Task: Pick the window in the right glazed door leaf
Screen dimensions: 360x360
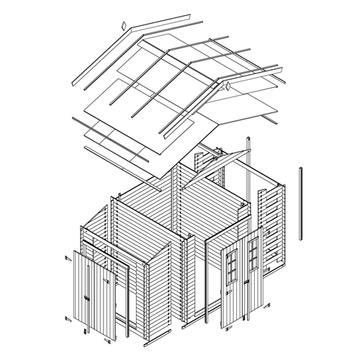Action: [x=253, y=252]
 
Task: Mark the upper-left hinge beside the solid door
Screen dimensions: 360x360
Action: [x=67, y=257]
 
